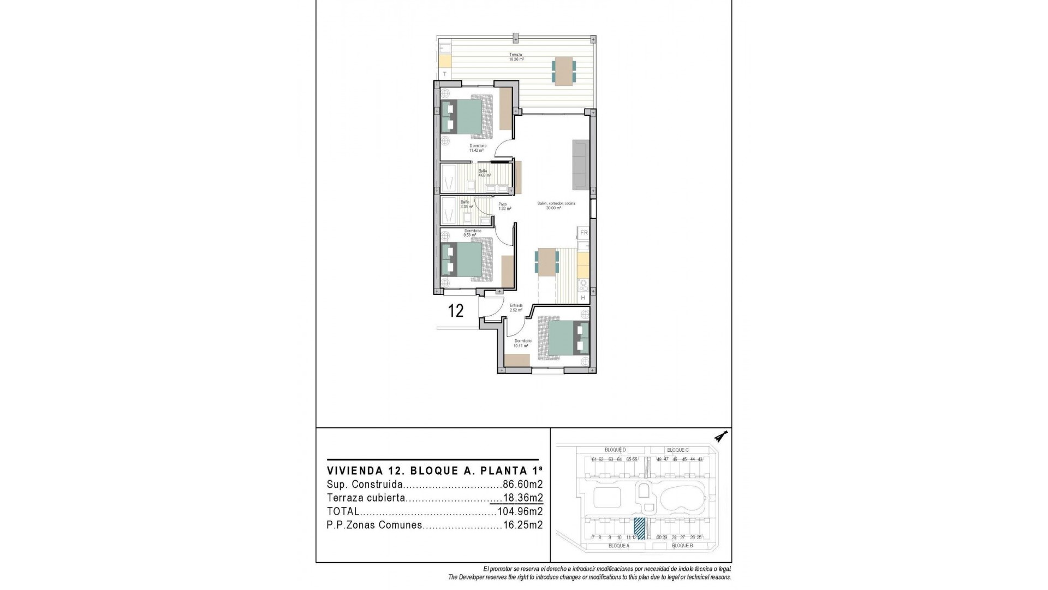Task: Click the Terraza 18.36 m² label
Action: tap(516, 57)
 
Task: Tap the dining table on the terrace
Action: tap(564, 72)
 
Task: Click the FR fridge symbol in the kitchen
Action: tap(583, 233)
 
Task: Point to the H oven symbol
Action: tap(583, 298)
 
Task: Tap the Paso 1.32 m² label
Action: tap(504, 206)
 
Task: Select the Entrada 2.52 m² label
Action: tap(516, 308)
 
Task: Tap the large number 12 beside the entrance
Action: tap(456, 311)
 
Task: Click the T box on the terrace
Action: tap(445, 74)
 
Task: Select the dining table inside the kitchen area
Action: tap(546, 261)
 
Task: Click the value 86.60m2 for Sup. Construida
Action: tap(522, 485)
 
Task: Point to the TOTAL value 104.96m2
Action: tap(520, 512)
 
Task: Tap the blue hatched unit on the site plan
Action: tap(639, 528)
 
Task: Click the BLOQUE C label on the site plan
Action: tap(677, 450)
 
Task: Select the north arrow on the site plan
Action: tap(723, 436)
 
